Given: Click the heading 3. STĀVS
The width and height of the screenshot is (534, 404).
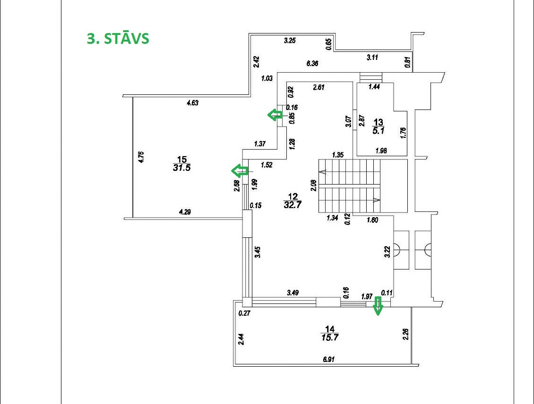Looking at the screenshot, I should [x=118, y=38].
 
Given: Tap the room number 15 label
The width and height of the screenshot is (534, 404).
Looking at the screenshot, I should [x=181, y=160].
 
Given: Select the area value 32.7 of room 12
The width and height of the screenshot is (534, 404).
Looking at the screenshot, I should [x=293, y=205].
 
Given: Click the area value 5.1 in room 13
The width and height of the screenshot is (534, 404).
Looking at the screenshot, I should [x=378, y=131].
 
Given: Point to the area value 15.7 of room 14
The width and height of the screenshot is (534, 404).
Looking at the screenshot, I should [x=329, y=337].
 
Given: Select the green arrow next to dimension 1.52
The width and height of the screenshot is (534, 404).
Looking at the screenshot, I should [x=240, y=170].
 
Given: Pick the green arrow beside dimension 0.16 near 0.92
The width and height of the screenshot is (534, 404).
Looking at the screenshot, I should [x=275, y=114].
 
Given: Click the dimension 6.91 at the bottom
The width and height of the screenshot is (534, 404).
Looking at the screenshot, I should [x=329, y=360].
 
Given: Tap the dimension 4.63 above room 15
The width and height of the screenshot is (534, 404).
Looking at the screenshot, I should [x=192, y=103].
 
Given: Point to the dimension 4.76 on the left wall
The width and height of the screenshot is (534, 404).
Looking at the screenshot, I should [x=140, y=157].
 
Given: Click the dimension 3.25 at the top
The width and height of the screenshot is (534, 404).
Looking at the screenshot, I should [x=289, y=41].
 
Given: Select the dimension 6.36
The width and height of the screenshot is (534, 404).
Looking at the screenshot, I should [x=312, y=63].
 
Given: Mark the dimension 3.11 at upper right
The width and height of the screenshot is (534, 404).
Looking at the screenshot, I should [x=373, y=58].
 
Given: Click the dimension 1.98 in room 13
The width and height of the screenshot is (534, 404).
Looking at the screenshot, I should [x=381, y=151].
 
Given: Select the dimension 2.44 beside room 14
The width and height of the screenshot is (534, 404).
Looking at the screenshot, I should [x=241, y=339].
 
